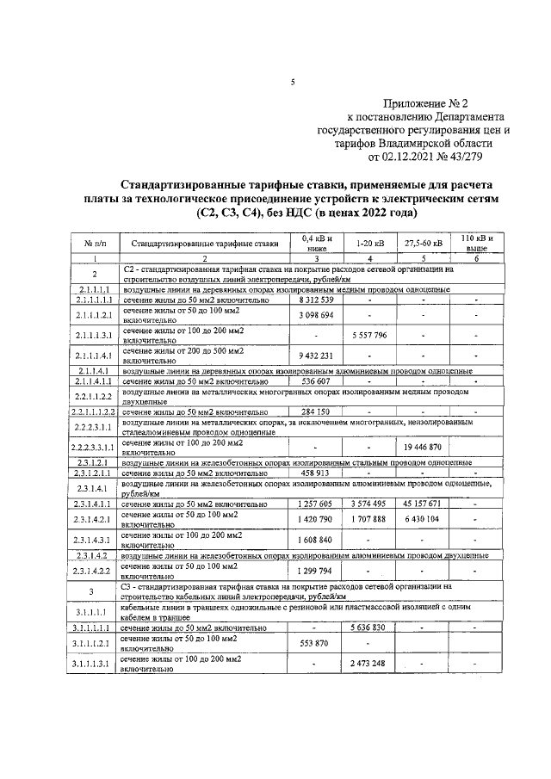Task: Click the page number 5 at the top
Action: tap(293, 83)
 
